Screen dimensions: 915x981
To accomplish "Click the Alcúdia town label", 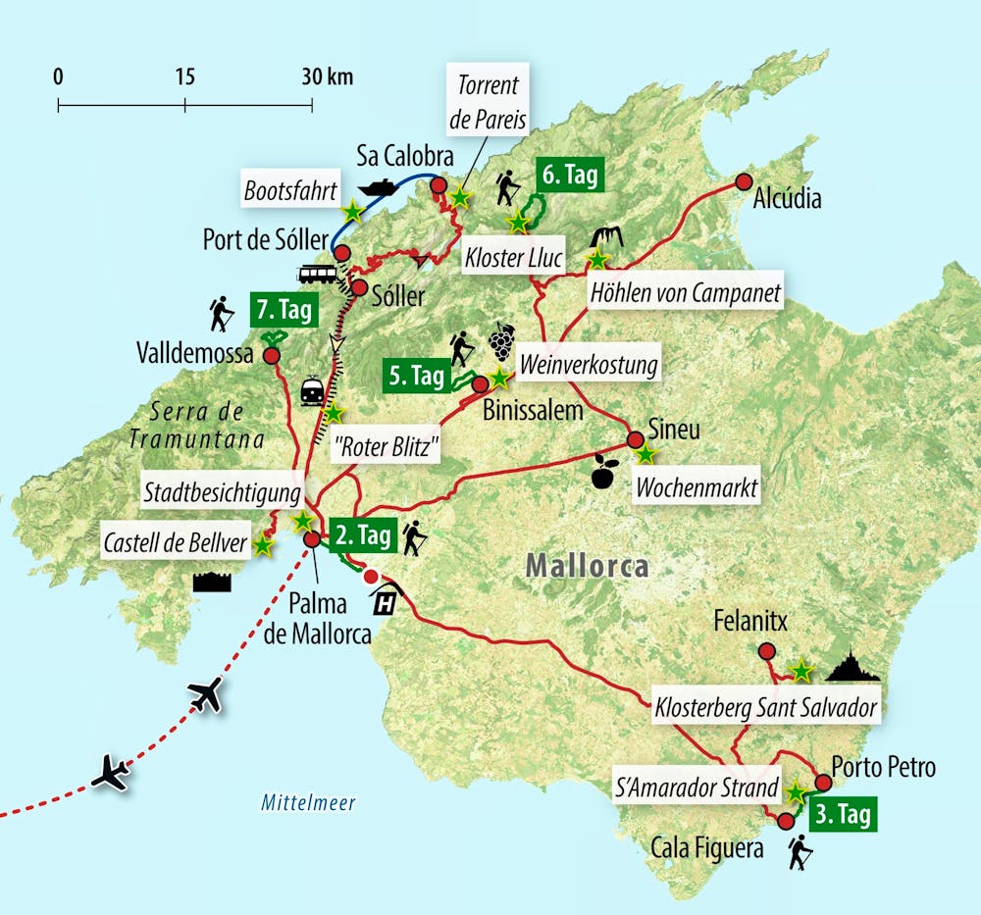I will [787, 198].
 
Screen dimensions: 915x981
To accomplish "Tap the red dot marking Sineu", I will [635, 439].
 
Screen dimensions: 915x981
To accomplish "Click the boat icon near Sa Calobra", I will [378, 184].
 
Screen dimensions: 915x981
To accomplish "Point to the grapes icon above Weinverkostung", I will [501, 341].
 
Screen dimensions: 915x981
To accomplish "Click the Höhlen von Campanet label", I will [685, 292].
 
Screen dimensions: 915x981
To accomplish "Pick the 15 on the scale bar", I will [184, 76].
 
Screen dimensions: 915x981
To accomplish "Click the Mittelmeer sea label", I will [308, 803].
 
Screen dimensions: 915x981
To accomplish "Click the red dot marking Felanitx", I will [766, 651].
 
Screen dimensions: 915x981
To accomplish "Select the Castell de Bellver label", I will [175, 544].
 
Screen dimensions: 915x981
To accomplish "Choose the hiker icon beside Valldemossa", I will [222, 314].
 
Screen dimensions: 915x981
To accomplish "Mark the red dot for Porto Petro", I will [824, 783].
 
